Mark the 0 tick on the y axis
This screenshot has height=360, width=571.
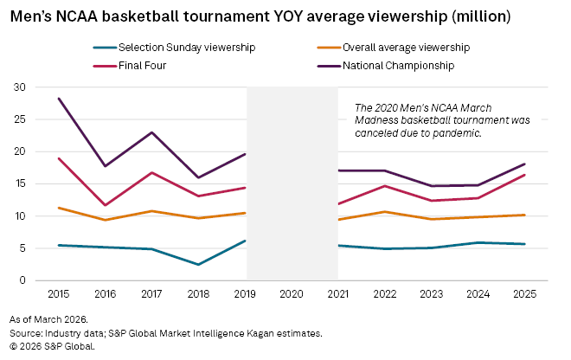(x=22, y=280)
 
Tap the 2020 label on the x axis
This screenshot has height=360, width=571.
(x=292, y=294)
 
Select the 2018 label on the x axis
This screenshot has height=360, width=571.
(x=199, y=294)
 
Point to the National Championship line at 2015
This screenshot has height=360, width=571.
(x=59, y=99)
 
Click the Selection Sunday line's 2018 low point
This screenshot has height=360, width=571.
(x=199, y=264)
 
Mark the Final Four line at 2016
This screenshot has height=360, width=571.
(x=106, y=205)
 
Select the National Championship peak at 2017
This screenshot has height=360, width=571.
(x=152, y=132)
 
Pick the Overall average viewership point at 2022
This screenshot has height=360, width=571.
(x=385, y=211)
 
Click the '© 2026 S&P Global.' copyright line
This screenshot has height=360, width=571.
(x=53, y=346)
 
